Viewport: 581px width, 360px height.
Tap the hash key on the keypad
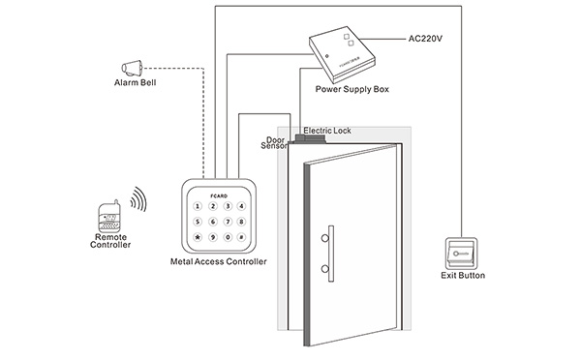[x=242, y=237]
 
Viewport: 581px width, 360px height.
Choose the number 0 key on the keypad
[x=228, y=237]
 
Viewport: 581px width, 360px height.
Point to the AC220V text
[x=426, y=40]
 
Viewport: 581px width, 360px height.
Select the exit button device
[x=462, y=254]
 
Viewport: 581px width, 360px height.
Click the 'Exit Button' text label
[x=462, y=276]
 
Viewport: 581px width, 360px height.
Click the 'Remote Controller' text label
[x=110, y=241]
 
